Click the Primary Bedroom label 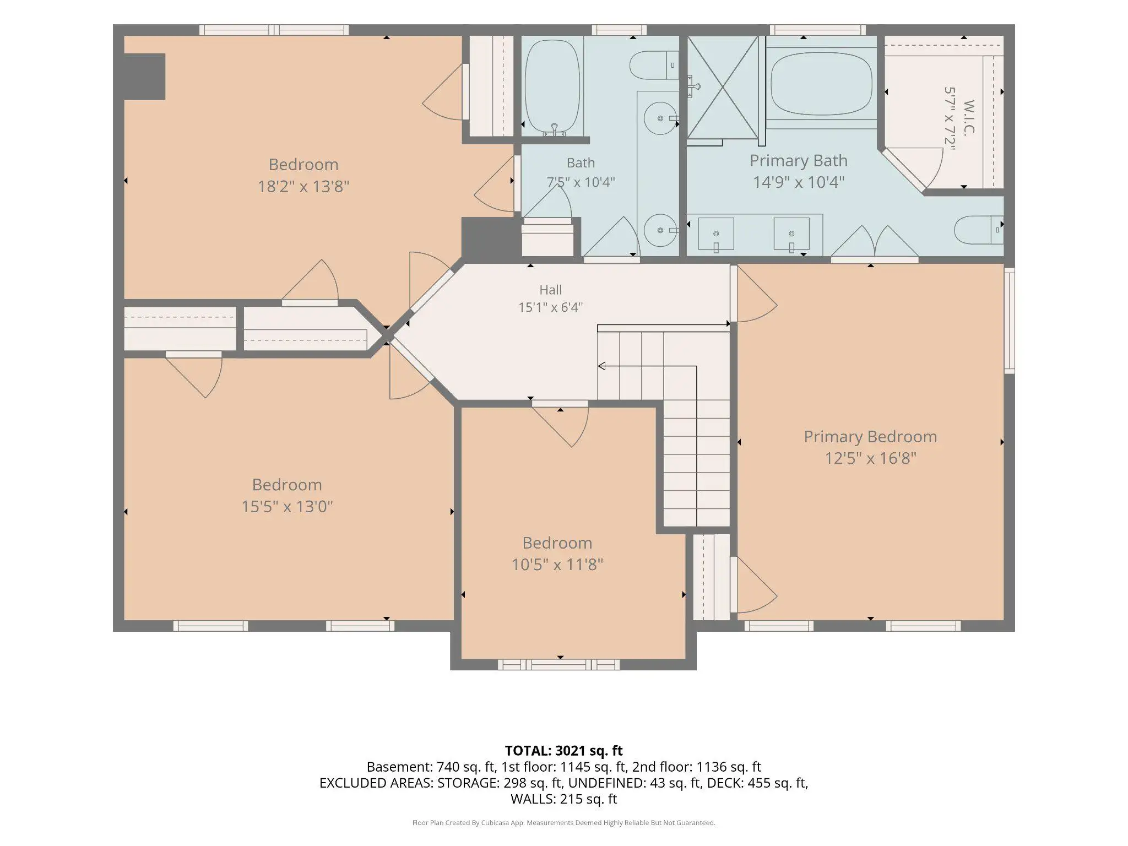click(x=870, y=437)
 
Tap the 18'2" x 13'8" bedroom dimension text click(x=303, y=186)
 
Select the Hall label click(x=551, y=290)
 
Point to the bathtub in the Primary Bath click(x=821, y=84)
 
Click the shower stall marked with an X click(x=723, y=87)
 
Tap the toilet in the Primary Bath click(x=979, y=230)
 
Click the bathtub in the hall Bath click(x=552, y=87)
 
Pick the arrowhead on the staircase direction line click(x=601, y=366)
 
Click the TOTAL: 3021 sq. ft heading click(x=563, y=751)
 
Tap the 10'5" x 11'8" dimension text click(x=557, y=565)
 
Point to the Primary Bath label click(x=799, y=161)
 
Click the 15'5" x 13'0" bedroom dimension click(x=287, y=507)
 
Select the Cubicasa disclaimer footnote click(x=563, y=823)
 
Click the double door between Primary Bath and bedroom click(x=875, y=243)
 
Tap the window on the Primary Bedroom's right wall click(x=1009, y=321)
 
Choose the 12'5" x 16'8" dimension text click(x=870, y=458)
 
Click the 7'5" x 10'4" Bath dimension click(x=581, y=182)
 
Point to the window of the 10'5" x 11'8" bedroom click(x=558, y=665)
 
